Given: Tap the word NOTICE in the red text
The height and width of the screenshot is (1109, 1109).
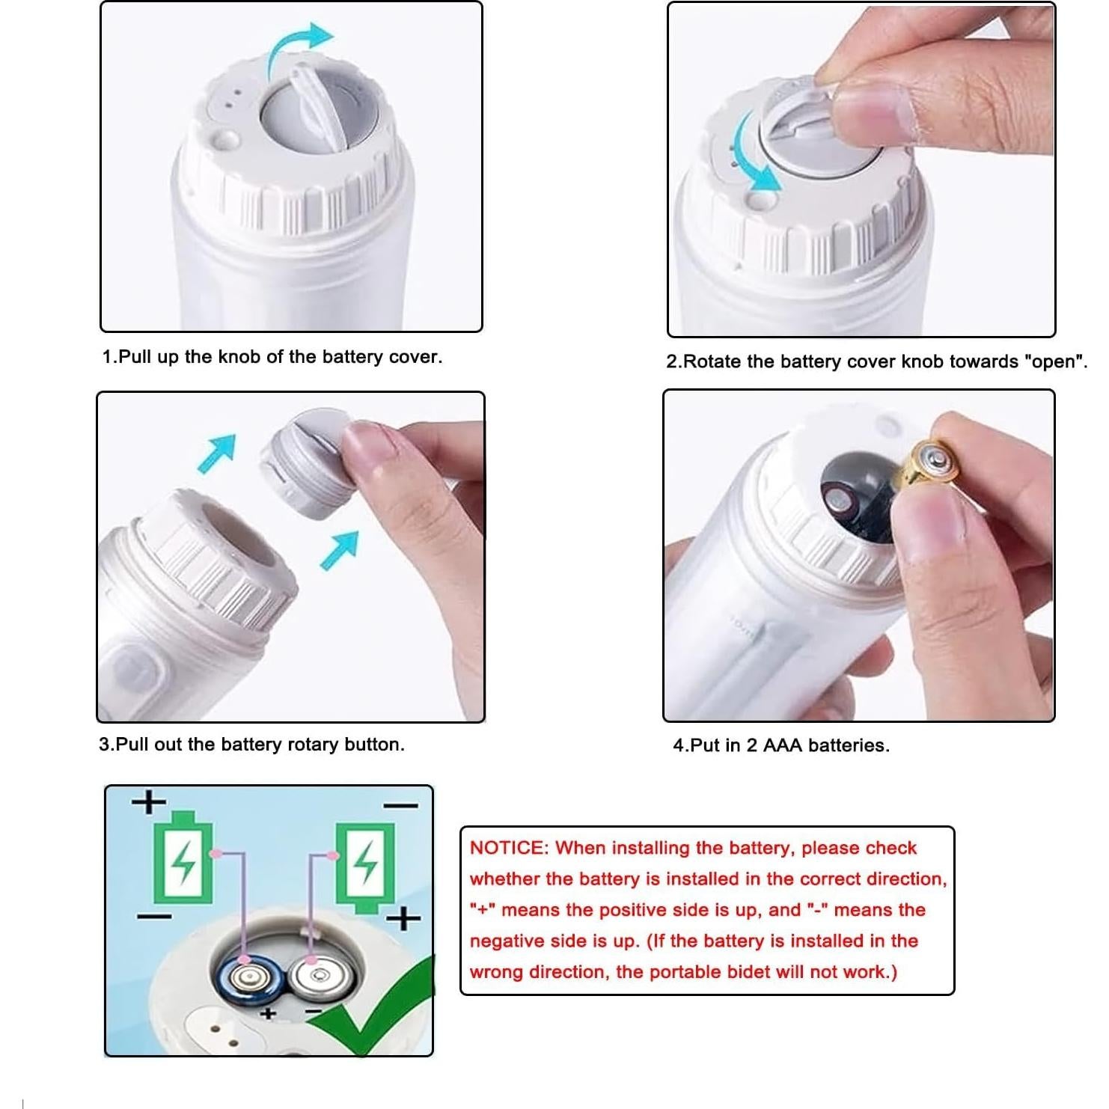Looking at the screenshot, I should [509, 848].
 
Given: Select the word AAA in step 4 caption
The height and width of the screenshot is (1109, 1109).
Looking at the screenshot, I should [782, 745].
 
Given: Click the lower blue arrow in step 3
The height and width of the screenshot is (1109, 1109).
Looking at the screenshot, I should [340, 550].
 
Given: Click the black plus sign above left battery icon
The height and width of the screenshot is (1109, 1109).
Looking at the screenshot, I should [149, 801].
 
